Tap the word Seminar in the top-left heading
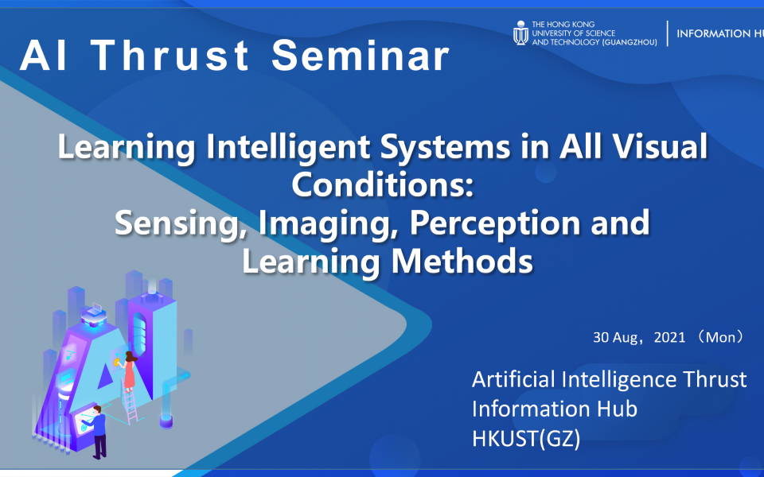click(x=361, y=56)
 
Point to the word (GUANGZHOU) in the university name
click(x=630, y=41)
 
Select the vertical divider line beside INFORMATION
click(x=667, y=34)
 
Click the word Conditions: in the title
click(x=382, y=185)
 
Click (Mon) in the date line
click(x=720, y=337)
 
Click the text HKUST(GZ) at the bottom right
click(x=526, y=437)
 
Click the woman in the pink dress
click(x=129, y=369)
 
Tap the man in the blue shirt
click(x=98, y=430)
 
